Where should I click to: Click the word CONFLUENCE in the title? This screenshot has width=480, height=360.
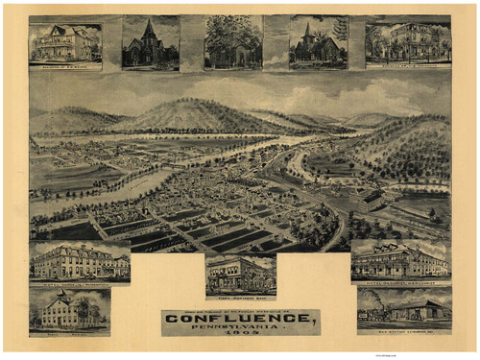[x=241, y=318]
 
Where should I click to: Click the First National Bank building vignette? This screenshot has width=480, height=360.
[x=240, y=273]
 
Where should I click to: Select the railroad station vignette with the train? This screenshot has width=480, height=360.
[x=403, y=306]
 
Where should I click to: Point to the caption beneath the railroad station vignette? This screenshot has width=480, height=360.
[x=403, y=329]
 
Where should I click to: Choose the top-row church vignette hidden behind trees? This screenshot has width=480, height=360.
[x=233, y=42]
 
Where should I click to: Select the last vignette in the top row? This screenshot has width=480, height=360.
[x=407, y=42]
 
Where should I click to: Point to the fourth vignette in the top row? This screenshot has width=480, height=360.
[x=318, y=42]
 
